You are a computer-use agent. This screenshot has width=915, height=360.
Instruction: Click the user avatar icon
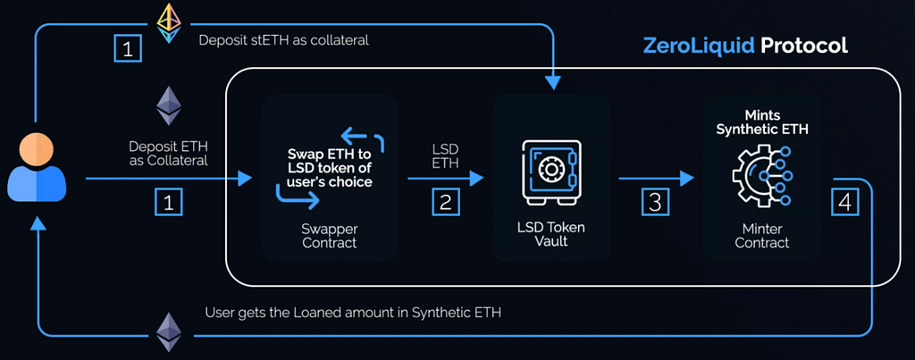click(36, 165)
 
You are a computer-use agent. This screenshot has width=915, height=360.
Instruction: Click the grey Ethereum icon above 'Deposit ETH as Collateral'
click(168, 105)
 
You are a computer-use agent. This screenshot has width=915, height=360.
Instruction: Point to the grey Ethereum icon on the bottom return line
click(168, 331)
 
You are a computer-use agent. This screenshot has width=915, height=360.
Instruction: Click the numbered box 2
click(445, 203)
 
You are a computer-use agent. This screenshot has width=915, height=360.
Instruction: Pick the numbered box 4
click(844, 202)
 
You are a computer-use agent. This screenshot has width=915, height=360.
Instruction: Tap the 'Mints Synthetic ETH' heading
click(762, 123)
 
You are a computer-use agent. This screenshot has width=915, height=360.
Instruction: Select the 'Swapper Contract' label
click(330, 235)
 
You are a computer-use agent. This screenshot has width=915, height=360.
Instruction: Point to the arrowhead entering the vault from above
click(553, 83)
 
